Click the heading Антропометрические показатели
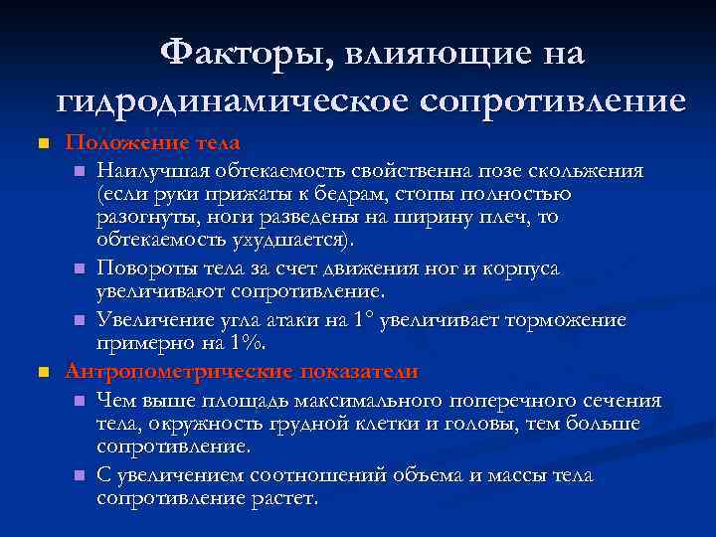point(242,371)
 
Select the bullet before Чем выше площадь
point(79,402)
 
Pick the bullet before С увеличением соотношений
point(79,476)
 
